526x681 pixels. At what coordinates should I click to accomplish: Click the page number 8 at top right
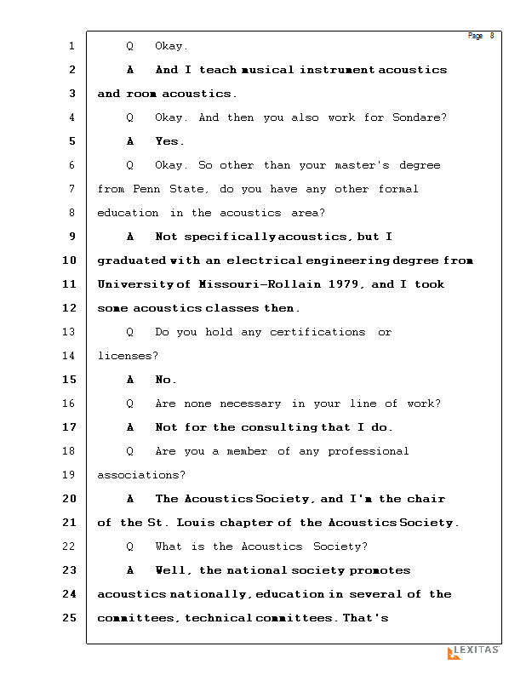(x=492, y=36)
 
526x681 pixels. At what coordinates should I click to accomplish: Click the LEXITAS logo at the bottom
(x=473, y=651)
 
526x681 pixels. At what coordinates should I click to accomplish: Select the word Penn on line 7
(x=147, y=189)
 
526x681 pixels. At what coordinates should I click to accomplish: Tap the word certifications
(x=317, y=332)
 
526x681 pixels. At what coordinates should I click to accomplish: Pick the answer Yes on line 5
(x=169, y=141)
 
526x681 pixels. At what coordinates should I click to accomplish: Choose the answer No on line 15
(x=165, y=380)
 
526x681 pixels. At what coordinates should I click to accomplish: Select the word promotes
(x=380, y=570)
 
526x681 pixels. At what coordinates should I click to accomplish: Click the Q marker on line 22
(x=129, y=547)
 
